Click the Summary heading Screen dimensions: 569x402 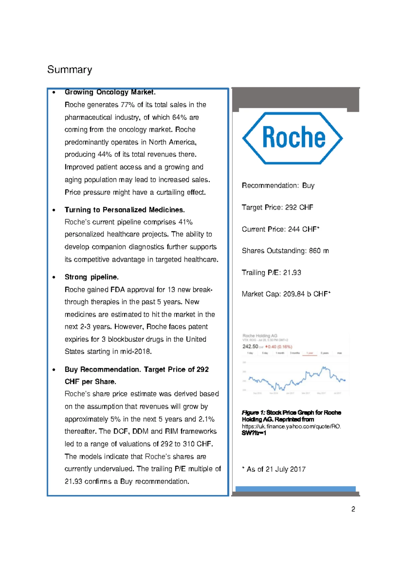[69, 70]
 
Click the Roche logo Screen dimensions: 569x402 [292, 138]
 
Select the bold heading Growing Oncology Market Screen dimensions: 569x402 [110, 92]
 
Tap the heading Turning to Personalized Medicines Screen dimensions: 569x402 [125, 210]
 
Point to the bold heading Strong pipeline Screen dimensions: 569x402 [91, 277]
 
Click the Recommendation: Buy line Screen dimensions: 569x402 [278, 186]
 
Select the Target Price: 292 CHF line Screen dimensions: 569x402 [277, 207]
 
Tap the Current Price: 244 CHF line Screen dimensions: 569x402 [280, 229]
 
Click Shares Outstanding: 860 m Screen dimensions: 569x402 [285, 251]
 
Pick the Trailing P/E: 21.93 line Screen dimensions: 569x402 [271, 272]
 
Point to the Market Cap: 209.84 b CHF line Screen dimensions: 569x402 [286, 294]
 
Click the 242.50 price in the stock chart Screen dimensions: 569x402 [250, 346]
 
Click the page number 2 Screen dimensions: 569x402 [353, 509]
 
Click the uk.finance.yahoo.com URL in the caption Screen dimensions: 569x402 [291, 426]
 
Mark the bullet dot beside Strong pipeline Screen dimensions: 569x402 [54, 277]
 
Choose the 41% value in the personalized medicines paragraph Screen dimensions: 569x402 [185, 222]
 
